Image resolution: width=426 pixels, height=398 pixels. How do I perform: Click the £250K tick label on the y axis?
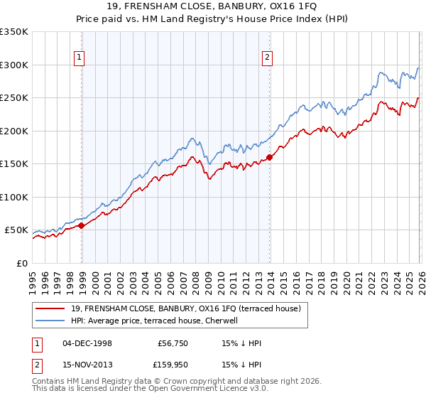click(x=14, y=97)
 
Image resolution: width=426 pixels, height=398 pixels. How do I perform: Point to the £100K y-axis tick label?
click(x=14, y=197)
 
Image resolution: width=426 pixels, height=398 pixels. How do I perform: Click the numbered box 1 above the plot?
click(x=78, y=58)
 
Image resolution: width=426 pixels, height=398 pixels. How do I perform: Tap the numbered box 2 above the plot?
click(x=267, y=58)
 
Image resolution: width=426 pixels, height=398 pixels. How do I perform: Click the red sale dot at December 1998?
click(x=82, y=225)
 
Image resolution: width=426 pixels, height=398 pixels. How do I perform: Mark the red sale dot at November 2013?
click(x=270, y=157)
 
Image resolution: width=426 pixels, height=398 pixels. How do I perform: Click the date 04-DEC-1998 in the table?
click(x=87, y=343)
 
